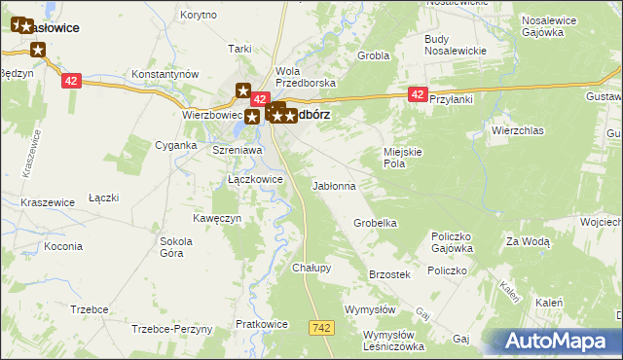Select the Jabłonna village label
coord(333,185)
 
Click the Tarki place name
coord(239,49)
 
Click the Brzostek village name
coord(389,275)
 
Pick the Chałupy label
coord(311,268)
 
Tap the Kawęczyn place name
coord(216,218)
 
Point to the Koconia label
coord(63,246)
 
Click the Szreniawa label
coord(238,151)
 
